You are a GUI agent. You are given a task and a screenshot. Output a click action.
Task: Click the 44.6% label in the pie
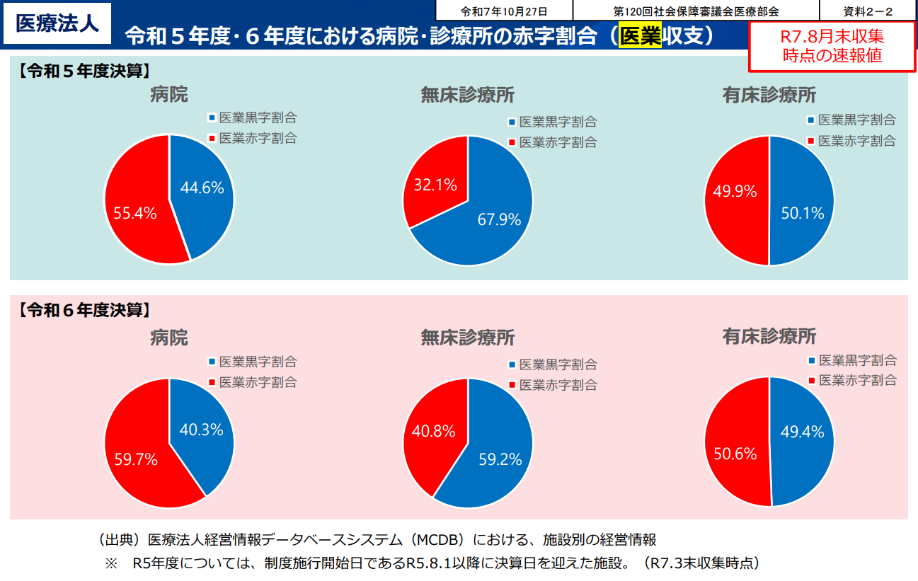[x=202, y=188]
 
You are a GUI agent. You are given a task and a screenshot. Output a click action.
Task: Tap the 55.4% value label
[x=135, y=212]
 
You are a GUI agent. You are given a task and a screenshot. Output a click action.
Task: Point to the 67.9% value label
[x=499, y=219]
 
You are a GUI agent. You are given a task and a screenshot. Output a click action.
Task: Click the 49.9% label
[x=735, y=191]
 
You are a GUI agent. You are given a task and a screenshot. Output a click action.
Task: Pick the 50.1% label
[x=803, y=212]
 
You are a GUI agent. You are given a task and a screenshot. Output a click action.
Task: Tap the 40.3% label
[x=202, y=430]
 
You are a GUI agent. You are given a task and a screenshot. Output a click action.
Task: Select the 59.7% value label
[x=136, y=459]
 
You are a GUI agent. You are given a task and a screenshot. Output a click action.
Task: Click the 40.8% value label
[x=434, y=430]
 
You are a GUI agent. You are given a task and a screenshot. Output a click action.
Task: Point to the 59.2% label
[x=500, y=459]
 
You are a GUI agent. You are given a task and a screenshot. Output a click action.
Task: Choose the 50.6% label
[x=735, y=454]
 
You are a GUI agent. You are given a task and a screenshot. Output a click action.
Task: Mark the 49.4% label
[x=803, y=432]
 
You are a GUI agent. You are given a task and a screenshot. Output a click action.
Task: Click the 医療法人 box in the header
[x=57, y=23]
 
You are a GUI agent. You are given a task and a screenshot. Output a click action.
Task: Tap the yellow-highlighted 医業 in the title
[x=640, y=36]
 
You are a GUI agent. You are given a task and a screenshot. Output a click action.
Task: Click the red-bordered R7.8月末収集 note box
[x=832, y=46]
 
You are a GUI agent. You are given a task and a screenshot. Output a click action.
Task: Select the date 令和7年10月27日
[x=504, y=11]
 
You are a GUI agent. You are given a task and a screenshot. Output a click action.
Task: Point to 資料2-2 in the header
[x=868, y=11]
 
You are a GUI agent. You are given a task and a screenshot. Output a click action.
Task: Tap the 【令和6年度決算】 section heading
[x=84, y=309]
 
